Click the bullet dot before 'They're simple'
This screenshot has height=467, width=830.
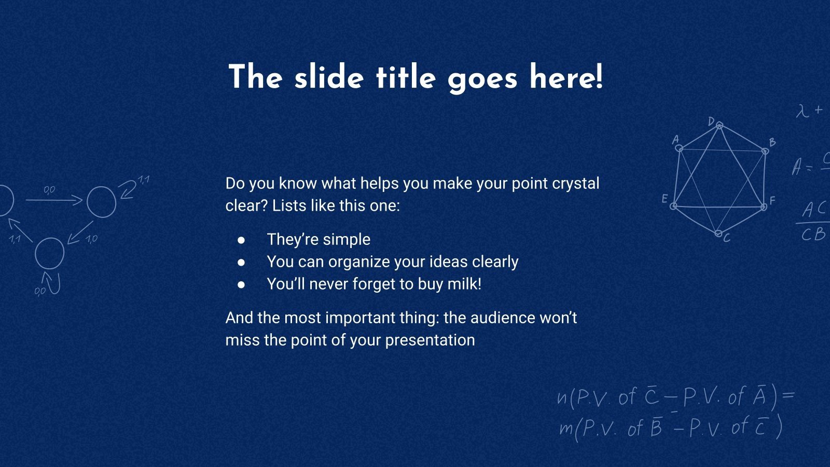tap(241, 240)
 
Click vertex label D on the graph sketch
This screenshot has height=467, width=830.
tap(711, 121)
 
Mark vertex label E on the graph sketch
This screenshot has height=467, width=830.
tap(665, 199)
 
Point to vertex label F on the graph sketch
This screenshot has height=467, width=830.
tap(772, 200)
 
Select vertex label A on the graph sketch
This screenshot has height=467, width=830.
tap(675, 139)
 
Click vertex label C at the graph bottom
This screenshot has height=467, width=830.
tap(727, 238)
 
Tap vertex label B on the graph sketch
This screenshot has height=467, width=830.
tap(772, 142)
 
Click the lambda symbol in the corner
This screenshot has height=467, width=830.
tap(803, 111)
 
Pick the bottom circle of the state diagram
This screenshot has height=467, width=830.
tap(49, 253)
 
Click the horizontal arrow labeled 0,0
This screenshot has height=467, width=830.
tap(54, 200)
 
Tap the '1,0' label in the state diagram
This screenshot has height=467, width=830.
tap(91, 239)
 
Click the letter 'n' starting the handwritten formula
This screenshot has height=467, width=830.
tap(562, 397)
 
